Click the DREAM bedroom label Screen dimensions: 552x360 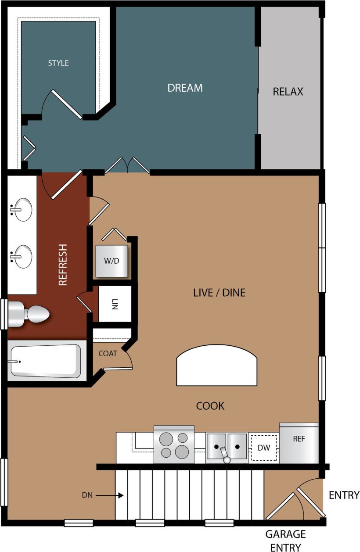(185, 88)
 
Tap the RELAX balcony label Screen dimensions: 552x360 (288, 92)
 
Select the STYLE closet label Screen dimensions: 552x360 (58, 63)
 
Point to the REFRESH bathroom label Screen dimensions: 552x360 (63, 265)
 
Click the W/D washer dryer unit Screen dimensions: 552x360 (112, 261)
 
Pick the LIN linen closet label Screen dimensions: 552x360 (115, 304)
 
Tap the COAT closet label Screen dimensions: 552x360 (108, 353)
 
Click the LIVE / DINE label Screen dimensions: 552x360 (219, 293)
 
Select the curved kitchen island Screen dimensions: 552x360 (216, 366)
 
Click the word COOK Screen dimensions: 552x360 (210, 406)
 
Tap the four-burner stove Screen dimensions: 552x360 (174, 444)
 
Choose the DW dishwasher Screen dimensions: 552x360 (264, 448)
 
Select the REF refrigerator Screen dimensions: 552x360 (299, 443)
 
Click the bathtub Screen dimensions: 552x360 (45, 361)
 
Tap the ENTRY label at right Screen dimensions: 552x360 (344, 495)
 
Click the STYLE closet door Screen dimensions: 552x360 (67, 104)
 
